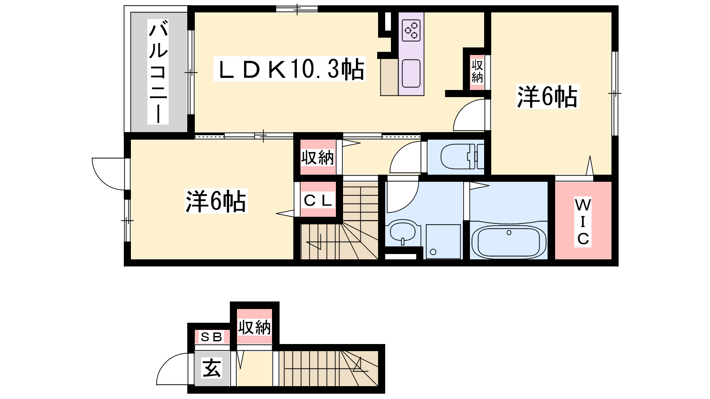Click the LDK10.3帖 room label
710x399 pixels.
290,69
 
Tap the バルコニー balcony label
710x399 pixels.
158,71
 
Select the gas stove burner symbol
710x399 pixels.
411,31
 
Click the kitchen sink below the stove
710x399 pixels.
411,74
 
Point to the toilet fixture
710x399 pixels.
462,156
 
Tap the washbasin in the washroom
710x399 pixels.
402,233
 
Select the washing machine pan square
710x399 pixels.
443,241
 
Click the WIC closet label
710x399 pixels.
583,222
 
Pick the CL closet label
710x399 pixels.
318,200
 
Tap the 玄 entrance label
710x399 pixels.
212,368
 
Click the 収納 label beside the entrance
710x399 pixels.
255,328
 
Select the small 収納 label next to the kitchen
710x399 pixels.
477,71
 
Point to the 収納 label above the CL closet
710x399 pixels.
317,157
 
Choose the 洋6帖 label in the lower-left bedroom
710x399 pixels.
216,201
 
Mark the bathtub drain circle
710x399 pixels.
509,233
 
